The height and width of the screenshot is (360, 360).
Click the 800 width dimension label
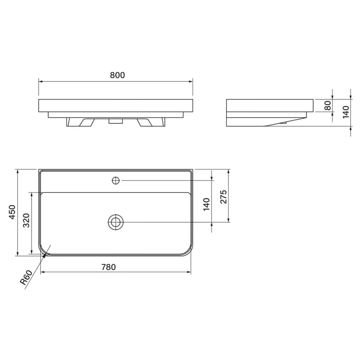click(117, 75)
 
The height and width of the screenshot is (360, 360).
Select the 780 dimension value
click(108, 267)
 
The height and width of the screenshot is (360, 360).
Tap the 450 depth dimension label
click(12, 212)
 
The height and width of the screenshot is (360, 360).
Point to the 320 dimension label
click(27, 220)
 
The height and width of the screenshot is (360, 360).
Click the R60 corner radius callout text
click(26, 278)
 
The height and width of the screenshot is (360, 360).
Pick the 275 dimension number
click(223, 197)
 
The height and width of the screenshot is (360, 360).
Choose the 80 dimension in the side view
click(328, 105)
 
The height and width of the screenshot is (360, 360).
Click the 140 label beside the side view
click(346, 112)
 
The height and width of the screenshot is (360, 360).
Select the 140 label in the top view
click(207, 204)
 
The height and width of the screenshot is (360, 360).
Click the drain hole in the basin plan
click(116, 222)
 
